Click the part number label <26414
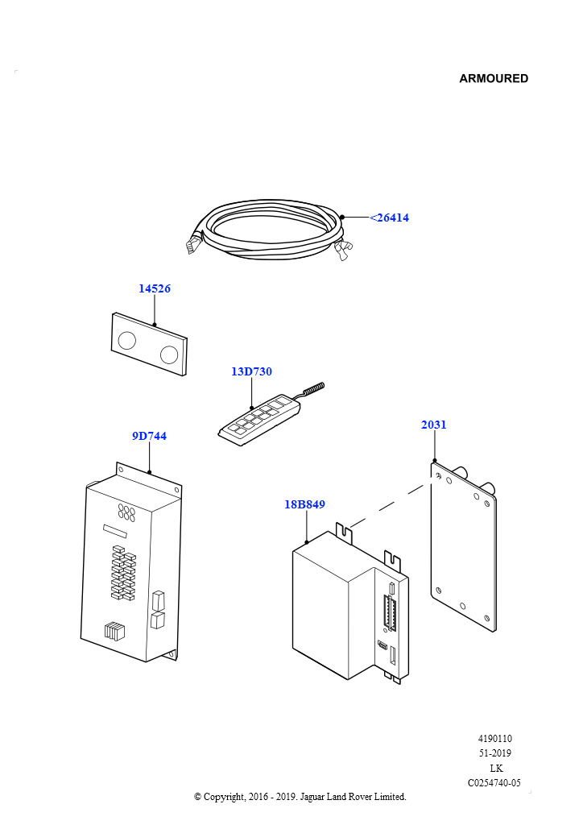point(390,218)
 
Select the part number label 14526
point(155,288)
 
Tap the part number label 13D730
point(251,371)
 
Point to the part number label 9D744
point(150,436)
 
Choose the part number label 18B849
point(304,504)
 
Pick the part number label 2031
point(434,425)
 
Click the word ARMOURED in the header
point(494,78)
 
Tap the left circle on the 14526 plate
point(127,340)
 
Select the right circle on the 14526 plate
point(169,354)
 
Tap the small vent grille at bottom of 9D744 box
point(114,632)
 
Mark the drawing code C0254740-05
point(494,782)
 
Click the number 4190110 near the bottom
point(494,739)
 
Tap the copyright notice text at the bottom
point(300,797)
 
